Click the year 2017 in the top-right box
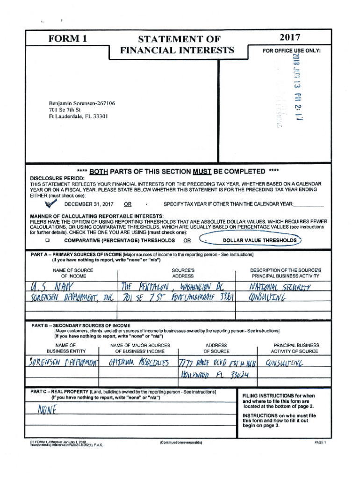coord(288,37)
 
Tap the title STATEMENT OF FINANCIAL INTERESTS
coord(177,44)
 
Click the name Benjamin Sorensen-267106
coord(82,103)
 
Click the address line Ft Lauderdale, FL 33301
coord(78,117)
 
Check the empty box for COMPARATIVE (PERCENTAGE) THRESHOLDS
coord(47,240)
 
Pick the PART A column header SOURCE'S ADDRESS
coord(183,273)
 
